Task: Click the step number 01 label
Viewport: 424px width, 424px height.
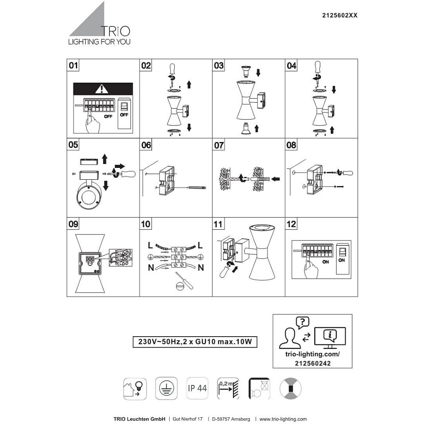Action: point(73,65)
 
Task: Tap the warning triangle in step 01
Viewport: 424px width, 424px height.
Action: point(102,89)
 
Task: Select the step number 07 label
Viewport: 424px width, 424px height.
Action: point(218,145)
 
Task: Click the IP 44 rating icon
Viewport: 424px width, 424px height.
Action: point(198,388)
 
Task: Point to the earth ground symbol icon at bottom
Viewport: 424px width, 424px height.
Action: point(166,388)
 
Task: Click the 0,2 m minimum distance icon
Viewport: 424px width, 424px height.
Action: point(228,388)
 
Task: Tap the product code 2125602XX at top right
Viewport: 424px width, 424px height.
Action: point(340,15)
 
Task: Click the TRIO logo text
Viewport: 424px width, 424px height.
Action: point(116,31)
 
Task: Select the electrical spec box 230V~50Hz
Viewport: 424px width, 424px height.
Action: point(195,341)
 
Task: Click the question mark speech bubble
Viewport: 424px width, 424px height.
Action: point(303,322)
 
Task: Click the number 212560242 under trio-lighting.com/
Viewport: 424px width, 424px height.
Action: point(312,363)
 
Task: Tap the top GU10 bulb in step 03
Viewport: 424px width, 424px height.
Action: point(246,72)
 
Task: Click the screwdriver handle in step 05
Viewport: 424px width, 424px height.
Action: point(128,173)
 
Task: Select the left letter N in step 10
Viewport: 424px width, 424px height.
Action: point(151,268)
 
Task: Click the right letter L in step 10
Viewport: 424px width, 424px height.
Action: point(200,245)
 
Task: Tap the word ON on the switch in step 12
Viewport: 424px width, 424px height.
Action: point(341,260)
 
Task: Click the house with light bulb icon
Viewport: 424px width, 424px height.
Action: point(135,388)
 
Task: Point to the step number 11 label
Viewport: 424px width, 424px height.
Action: point(218,224)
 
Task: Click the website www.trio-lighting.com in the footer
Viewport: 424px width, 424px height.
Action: point(283,419)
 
